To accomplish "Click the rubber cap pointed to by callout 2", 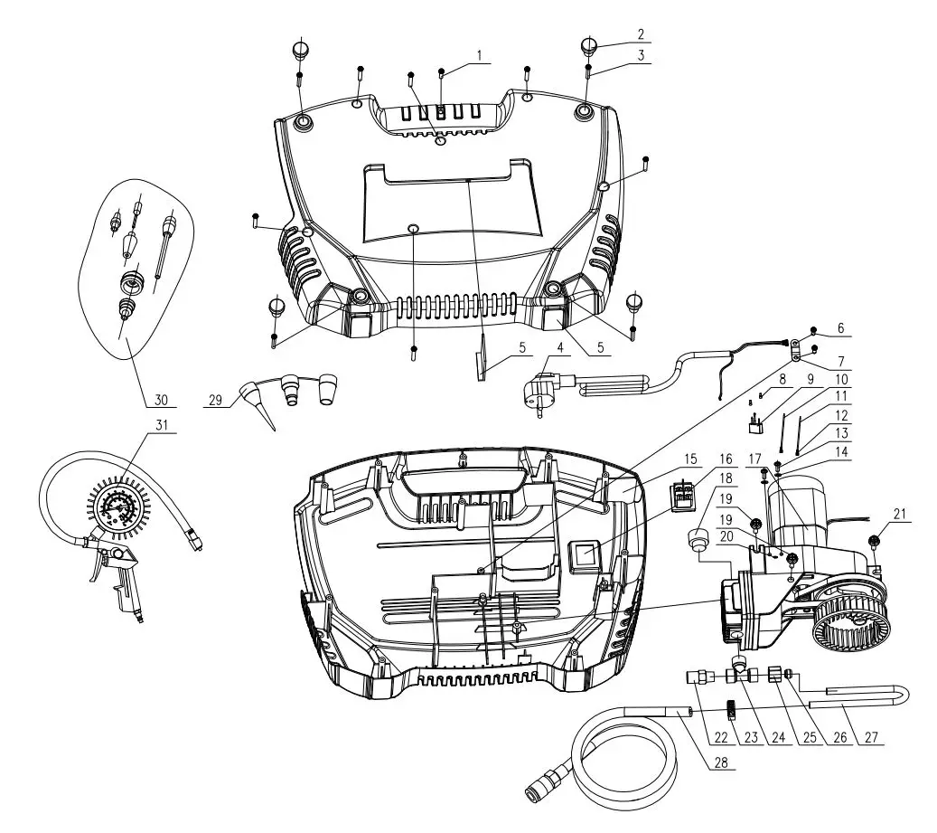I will (588, 45).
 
